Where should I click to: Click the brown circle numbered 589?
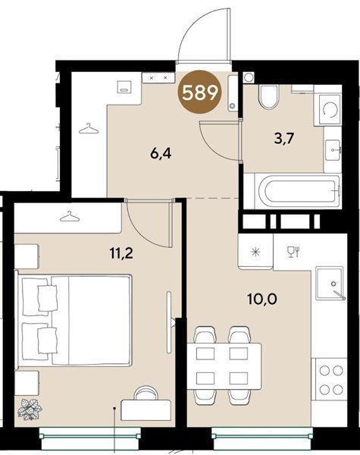(199, 92)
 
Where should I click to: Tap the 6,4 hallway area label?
(161, 153)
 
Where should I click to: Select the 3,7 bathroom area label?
(284, 138)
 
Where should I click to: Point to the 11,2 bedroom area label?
(121, 253)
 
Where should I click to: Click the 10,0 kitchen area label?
(262, 299)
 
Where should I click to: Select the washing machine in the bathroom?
(330, 110)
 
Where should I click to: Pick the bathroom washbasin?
(333, 150)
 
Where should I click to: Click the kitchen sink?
(330, 284)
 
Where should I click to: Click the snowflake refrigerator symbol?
(255, 251)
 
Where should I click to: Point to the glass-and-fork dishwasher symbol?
(293, 252)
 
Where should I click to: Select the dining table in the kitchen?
(224, 366)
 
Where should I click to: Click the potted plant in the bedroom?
(30, 409)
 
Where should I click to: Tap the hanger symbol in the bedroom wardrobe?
(70, 216)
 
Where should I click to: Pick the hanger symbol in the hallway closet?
(89, 128)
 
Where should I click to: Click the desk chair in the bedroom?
(147, 393)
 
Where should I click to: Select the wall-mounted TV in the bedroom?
(169, 322)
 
